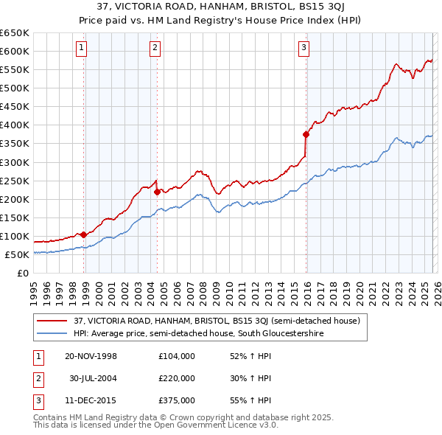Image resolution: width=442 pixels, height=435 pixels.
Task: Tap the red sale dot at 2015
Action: pyautogui.click(x=306, y=134)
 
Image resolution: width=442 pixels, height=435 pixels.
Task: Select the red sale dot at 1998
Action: pyautogui.click(x=84, y=234)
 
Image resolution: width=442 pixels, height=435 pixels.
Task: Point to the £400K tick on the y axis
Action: pyautogui.click(x=14, y=125)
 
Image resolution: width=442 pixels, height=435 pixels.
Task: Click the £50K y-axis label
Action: pyautogui.click(x=16, y=254)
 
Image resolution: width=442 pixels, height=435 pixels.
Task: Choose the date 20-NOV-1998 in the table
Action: pyautogui.click(x=91, y=356)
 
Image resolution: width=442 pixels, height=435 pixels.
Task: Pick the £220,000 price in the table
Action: pyautogui.click(x=176, y=378)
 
